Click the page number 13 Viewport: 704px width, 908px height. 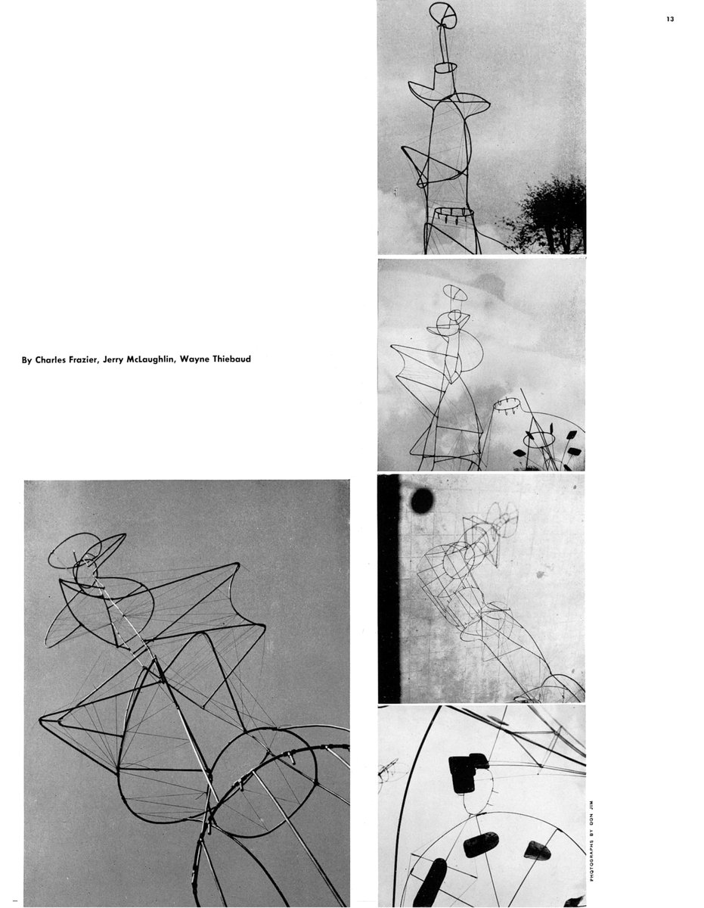click(670, 20)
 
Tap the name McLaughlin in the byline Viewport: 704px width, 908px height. click(167, 359)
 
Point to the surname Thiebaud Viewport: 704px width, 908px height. click(230, 359)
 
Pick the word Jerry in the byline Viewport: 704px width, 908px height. click(128, 359)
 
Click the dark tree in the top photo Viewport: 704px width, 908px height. click(552, 216)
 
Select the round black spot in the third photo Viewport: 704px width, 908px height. click(422, 499)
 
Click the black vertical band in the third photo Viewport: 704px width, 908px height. click(388, 590)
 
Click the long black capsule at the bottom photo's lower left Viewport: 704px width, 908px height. click(430, 882)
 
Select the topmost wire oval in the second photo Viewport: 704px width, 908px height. click(456, 292)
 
